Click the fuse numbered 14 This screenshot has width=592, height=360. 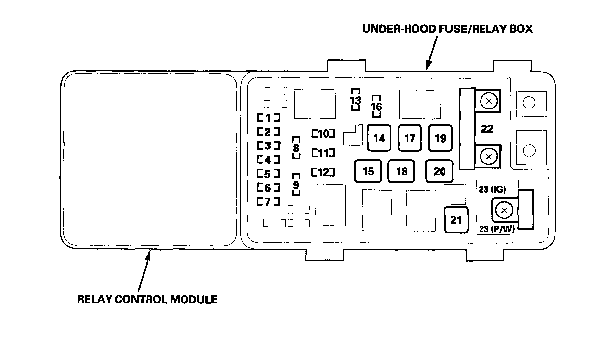click(x=379, y=138)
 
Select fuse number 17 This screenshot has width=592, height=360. click(x=409, y=138)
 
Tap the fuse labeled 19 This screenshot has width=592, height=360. click(x=441, y=138)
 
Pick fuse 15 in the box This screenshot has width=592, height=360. click(x=368, y=171)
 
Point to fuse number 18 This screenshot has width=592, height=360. click(x=401, y=171)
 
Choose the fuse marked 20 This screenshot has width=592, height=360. click(x=440, y=171)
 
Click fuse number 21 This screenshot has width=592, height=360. click(x=456, y=220)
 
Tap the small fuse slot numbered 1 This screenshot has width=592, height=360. click(x=268, y=117)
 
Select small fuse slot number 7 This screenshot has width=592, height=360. click(x=268, y=202)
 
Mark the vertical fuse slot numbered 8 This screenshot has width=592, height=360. click(x=296, y=148)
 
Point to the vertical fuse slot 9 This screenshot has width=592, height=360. click(x=296, y=184)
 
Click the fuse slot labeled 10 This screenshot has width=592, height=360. click(x=323, y=133)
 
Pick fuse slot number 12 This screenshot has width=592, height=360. click(x=323, y=172)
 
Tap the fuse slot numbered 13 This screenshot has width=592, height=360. click(x=355, y=100)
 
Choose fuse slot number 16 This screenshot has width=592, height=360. click(x=376, y=106)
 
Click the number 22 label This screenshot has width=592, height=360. click(x=487, y=129)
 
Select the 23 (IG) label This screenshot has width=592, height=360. click(x=492, y=189)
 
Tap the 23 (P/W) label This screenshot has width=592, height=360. click(x=497, y=229)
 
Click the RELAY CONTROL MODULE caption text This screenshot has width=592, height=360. click(x=147, y=299)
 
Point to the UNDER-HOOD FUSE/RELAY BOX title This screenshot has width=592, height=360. click(x=447, y=29)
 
